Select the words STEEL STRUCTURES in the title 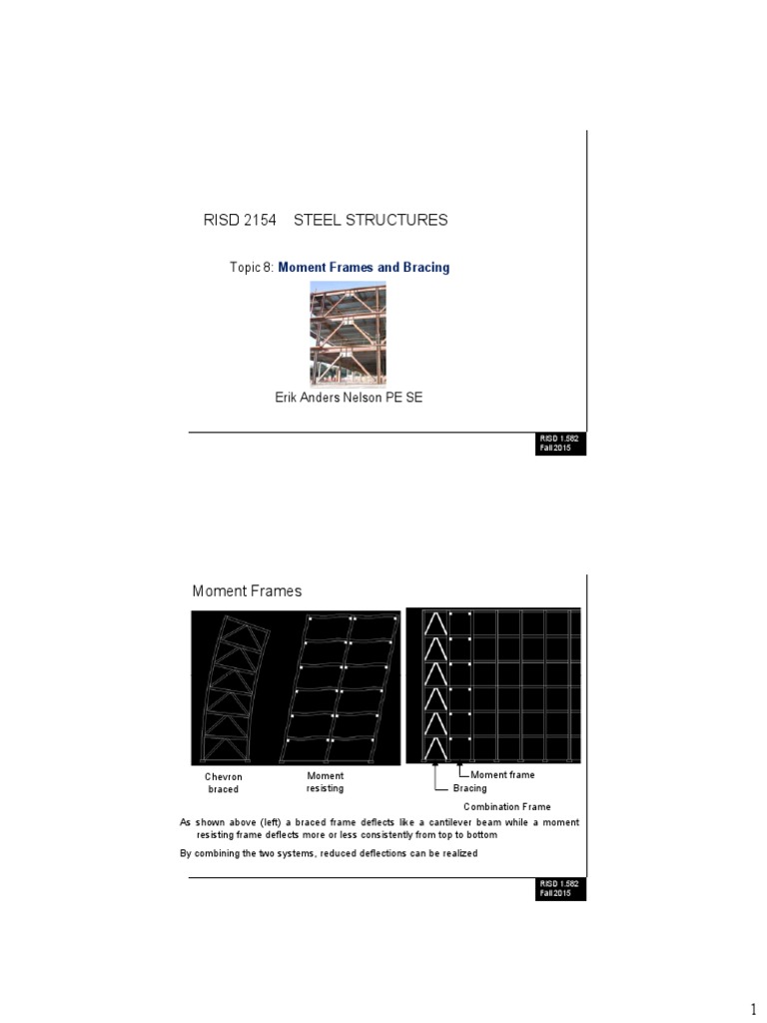371,220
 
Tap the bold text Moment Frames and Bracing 364,268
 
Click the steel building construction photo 348,333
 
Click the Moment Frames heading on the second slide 247,591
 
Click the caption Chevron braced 224,783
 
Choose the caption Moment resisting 325,782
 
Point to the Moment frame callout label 502,774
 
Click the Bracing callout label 469,788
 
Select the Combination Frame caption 506,806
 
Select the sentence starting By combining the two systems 329,853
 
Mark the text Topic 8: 252,268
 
